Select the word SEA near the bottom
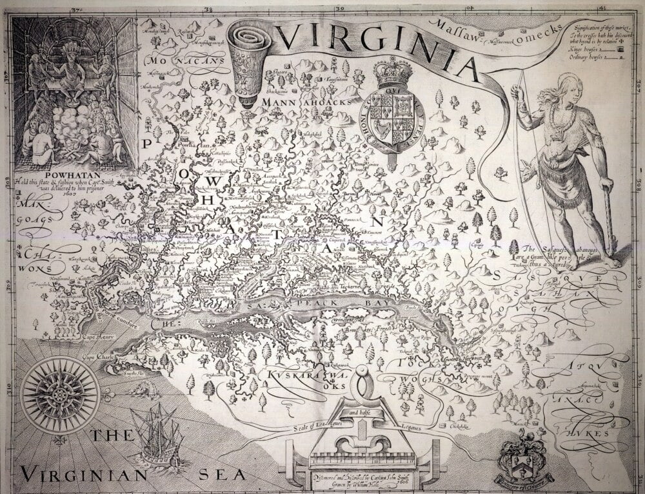222,475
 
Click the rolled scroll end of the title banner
249,39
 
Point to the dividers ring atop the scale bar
362,374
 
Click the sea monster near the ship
139,390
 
